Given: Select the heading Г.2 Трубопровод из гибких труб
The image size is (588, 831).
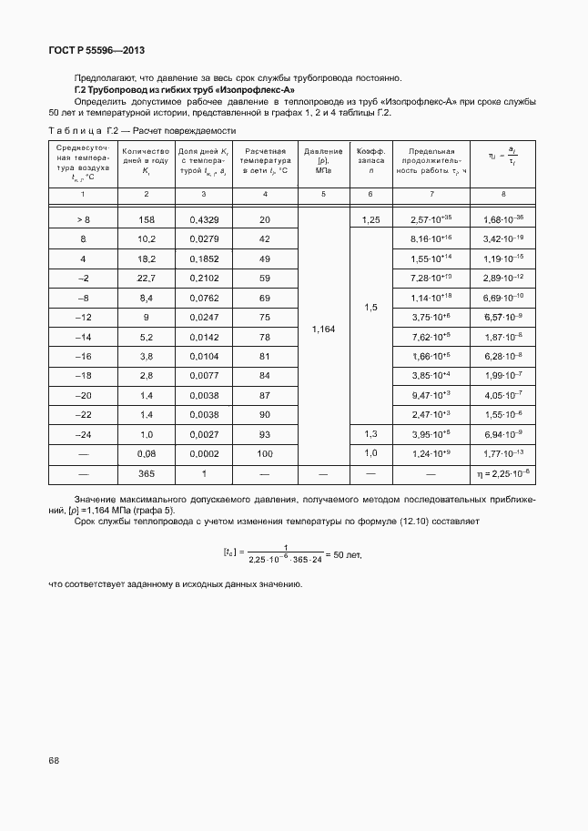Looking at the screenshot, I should tap(184, 90).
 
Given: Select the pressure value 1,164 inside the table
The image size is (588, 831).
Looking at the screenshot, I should tap(322, 329).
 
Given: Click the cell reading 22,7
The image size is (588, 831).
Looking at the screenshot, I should tap(146, 277).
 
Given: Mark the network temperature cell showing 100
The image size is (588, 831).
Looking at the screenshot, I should tap(265, 453).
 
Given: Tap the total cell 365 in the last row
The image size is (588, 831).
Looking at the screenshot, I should tap(146, 474).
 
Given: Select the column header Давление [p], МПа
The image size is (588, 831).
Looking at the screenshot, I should tap(322, 160).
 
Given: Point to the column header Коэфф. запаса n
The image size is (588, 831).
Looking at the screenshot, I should tap(370, 160).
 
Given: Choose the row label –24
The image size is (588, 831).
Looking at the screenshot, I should tap(83, 433).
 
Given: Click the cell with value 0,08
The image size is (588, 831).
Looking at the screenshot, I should tap(146, 453).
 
